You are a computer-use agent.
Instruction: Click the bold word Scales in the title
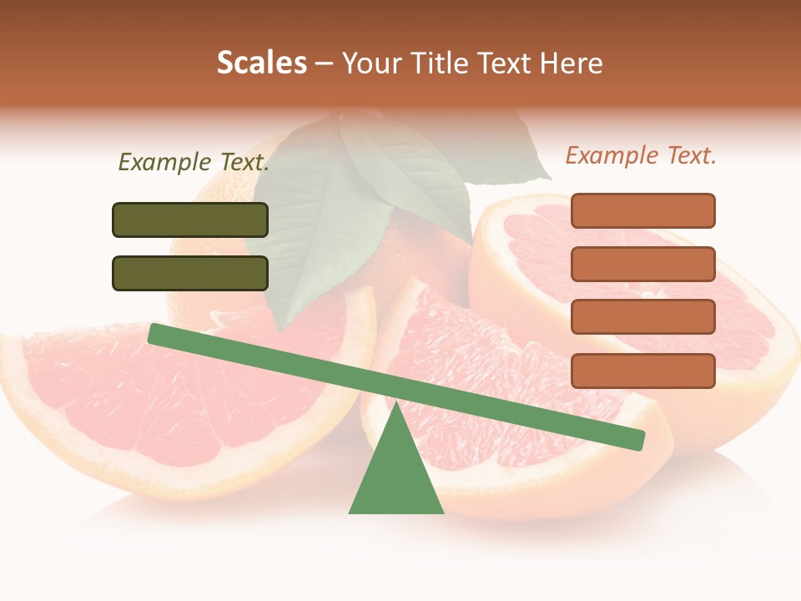coord(261,63)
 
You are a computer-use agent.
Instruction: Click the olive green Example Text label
coord(194,162)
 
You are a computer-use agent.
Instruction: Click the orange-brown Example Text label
coord(641,155)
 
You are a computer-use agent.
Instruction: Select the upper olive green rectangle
coord(190,220)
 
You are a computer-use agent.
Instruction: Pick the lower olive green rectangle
coord(190,273)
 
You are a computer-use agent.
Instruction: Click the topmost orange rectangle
coord(642,210)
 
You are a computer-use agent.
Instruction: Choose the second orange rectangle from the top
coord(642,264)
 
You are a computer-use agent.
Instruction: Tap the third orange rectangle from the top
coord(642,317)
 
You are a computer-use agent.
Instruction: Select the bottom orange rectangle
coord(642,371)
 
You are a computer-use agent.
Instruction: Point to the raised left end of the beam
coord(155,333)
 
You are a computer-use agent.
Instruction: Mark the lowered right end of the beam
coord(637,440)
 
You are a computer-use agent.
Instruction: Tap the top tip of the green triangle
coord(395,406)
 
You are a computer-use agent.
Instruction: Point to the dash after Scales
coord(325,63)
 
